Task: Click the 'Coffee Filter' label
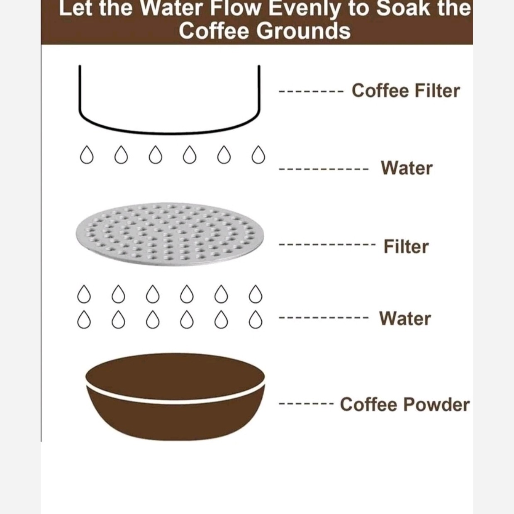(406, 91)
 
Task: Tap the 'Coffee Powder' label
(404, 404)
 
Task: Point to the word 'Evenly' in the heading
(305, 9)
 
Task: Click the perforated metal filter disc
(170, 234)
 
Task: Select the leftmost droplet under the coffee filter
(87, 155)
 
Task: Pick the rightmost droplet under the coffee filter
(258, 155)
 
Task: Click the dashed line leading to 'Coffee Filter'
(311, 92)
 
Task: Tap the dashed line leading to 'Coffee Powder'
(306, 404)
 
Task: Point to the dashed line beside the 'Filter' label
(327, 244)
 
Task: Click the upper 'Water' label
(407, 168)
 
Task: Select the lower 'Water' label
(405, 318)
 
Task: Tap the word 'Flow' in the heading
(235, 9)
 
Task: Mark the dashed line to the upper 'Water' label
(324, 169)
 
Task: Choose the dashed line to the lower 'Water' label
(324, 317)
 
